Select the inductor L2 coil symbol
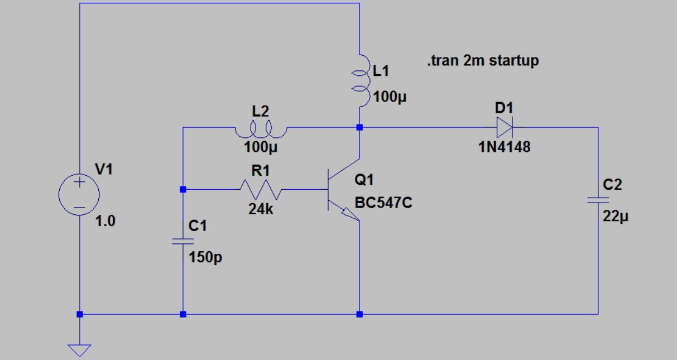tap(260, 131)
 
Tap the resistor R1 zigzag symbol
tap(261, 190)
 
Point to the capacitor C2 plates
tap(598, 199)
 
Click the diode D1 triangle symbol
tap(504, 128)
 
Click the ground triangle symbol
tap(79, 349)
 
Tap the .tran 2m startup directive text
tap(482, 61)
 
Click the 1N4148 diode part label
tap(504, 148)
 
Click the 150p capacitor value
tap(205, 258)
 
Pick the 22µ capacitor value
tap(616, 217)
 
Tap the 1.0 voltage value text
tap(105, 221)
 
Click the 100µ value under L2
tap(261, 148)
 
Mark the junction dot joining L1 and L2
tap(359, 127)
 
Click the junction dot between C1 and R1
tap(183, 190)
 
